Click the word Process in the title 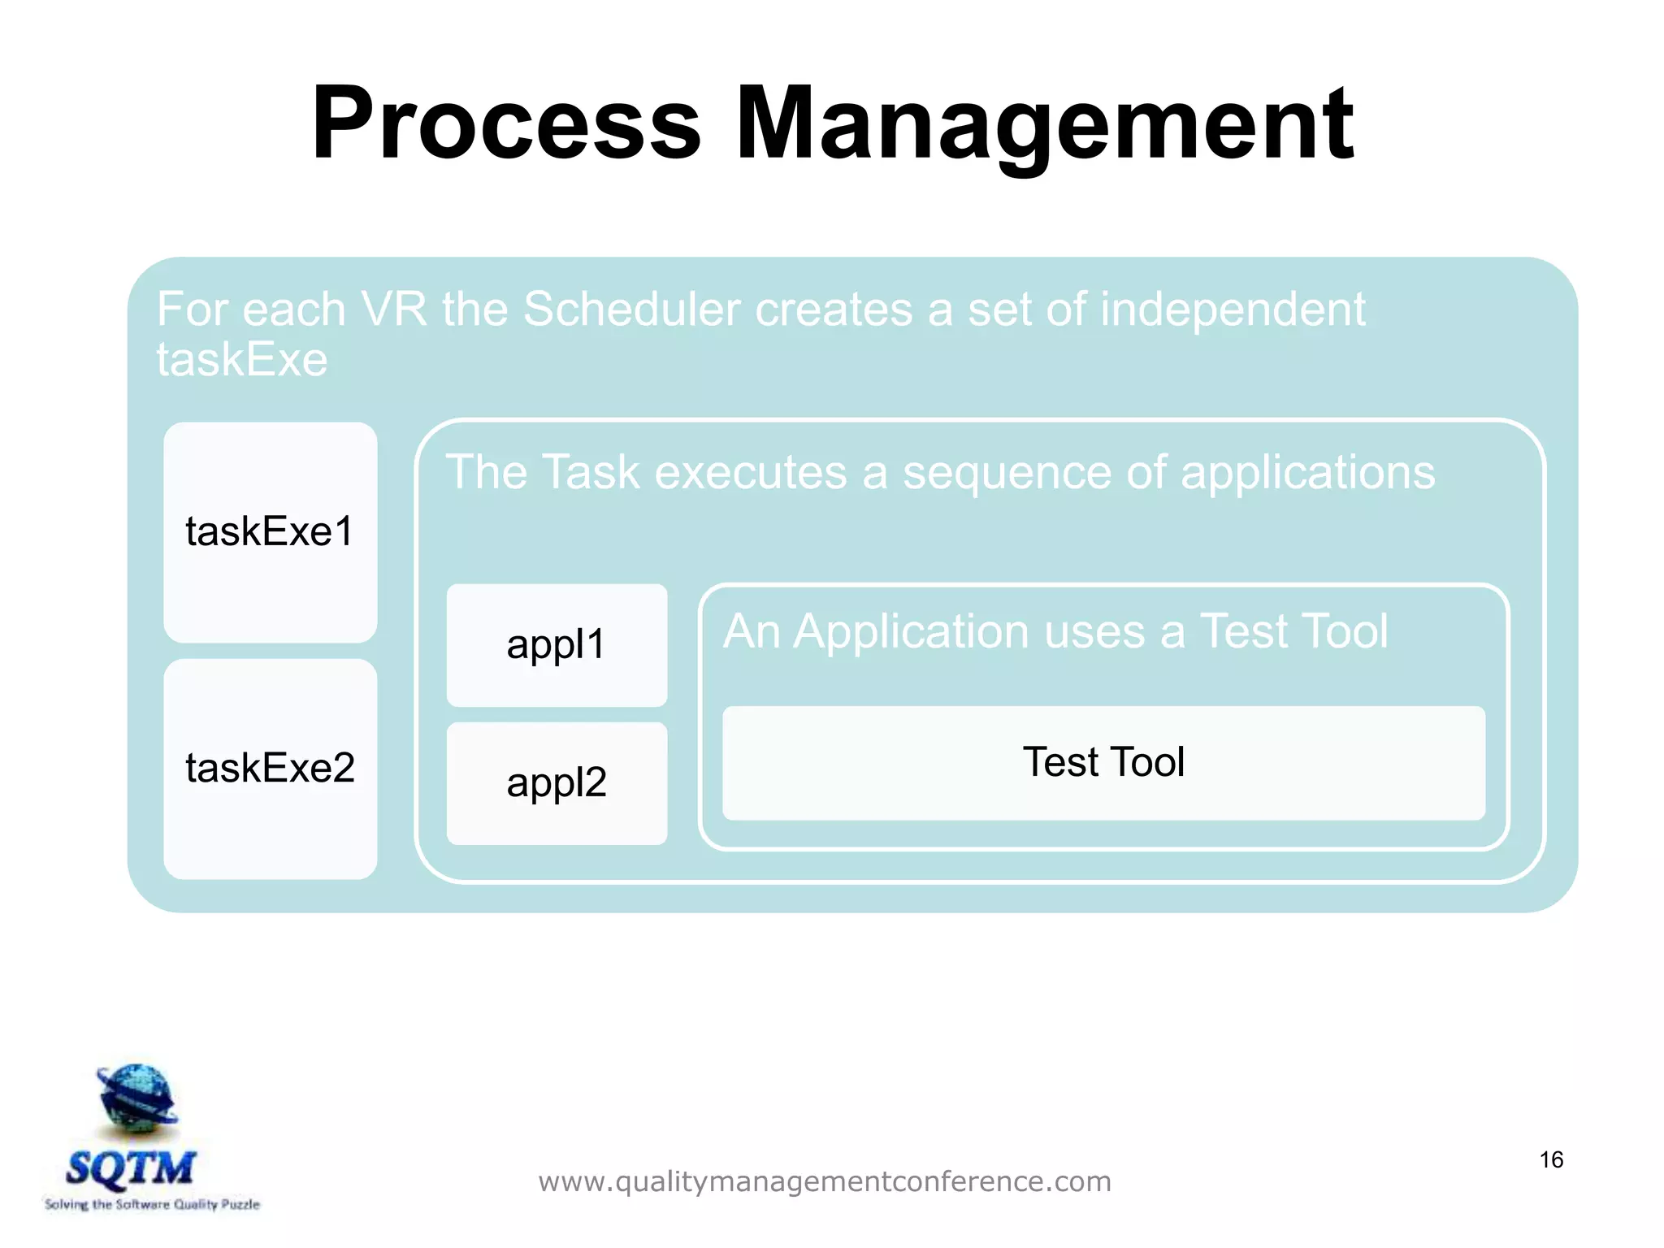coord(505,123)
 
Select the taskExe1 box coord(270,532)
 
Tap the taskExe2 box coord(270,769)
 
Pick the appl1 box coord(557,645)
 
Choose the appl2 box coord(557,783)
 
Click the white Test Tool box coord(1103,763)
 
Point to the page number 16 coord(1550,1159)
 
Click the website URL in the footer coord(824,1181)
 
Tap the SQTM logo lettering coord(130,1168)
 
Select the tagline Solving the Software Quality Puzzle coord(152,1204)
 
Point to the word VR coord(393,310)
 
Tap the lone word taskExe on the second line coord(241,360)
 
